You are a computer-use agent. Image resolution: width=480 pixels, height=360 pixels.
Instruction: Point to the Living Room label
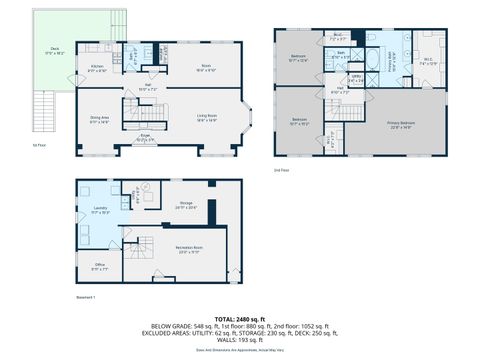207,117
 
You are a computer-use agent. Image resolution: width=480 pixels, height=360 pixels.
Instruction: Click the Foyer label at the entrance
145,138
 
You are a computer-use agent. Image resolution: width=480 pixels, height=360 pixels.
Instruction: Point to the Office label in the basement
97,266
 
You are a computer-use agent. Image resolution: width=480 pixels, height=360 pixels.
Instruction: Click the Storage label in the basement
186,206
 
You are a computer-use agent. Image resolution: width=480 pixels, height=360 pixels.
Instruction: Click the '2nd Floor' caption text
283,170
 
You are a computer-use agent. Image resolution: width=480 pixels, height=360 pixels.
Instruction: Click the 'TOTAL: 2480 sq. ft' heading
239,317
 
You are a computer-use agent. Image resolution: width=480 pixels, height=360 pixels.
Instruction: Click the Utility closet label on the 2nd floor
355,78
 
